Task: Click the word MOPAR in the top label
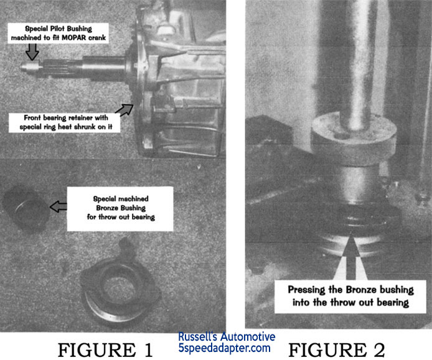(x=73, y=38)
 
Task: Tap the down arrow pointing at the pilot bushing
(x=32, y=52)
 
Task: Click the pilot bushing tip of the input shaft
(x=31, y=66)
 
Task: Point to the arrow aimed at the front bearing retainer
(x=124, y=109)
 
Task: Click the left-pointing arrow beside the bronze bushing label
(x=58, y=206)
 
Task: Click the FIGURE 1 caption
(x=105, y=350)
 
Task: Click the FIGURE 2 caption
(x=336, y=350)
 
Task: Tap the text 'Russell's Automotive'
(x=227, y=336)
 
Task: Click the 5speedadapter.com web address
(x=224, y=348)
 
